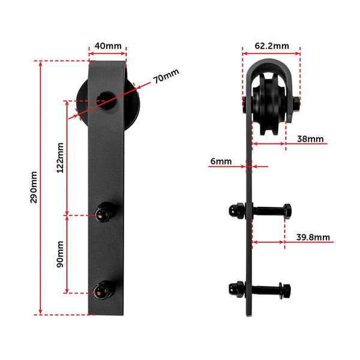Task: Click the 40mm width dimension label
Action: [x=107, y=45]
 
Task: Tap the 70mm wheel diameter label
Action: [x=166, y=77]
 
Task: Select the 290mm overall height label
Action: [x=34, y=187]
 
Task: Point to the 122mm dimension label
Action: [x=59, y=158]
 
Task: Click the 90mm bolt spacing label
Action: [x=59, y=256]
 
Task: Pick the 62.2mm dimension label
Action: [x=271, y=45]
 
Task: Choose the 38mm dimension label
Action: [x=310, y=139]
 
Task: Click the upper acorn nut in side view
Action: [x=236, y=211]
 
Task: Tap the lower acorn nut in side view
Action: [x=236, y=289]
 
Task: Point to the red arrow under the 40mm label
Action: [x=107, y=53]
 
